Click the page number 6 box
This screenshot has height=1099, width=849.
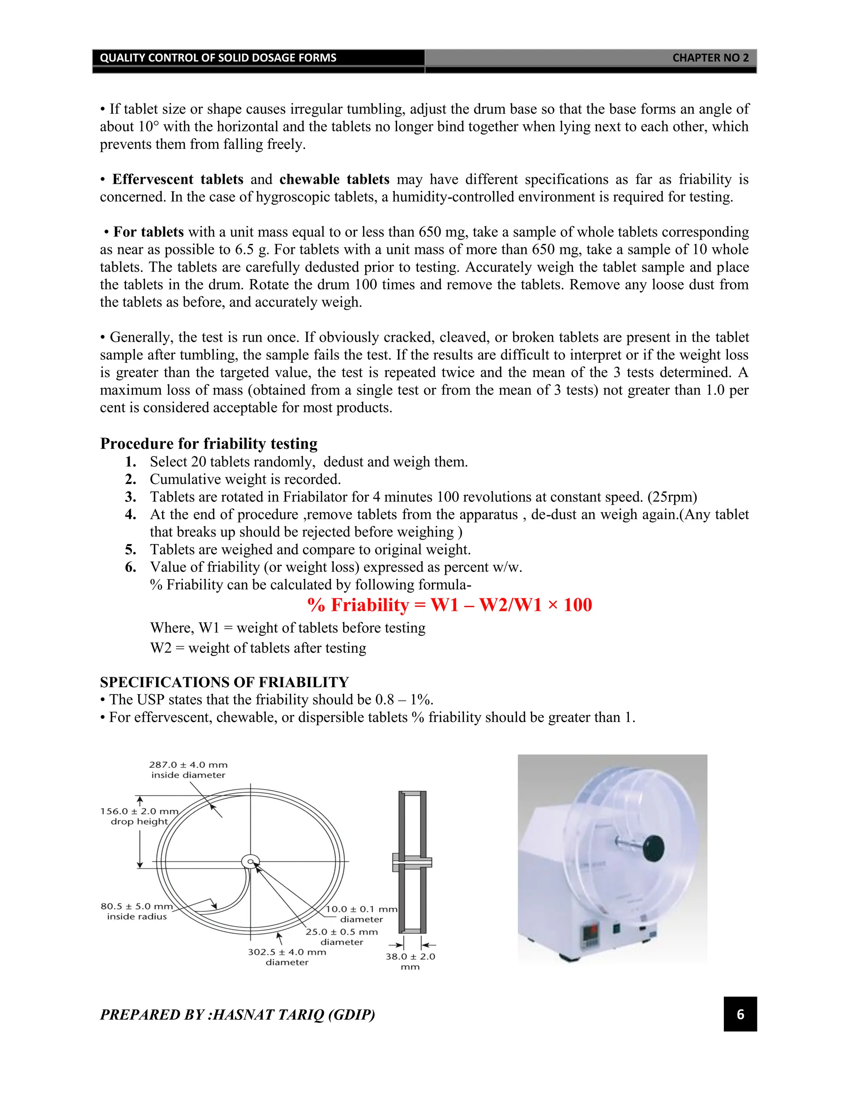click(740, 1014)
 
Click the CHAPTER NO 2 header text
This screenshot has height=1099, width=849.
click(710, 58)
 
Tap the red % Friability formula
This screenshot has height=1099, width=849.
click(449, 605)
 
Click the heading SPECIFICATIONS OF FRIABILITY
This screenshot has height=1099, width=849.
click(224, 682)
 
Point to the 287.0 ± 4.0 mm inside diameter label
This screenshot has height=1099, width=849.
click(188, 770)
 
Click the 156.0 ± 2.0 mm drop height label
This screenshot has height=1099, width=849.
click(139, 816)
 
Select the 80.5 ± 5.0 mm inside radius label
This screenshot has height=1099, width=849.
click(136, 911)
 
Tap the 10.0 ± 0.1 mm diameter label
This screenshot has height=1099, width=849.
click(361, 914)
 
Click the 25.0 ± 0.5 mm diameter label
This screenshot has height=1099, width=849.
click(342, 936)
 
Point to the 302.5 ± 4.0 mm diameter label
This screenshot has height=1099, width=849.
click(287, 957)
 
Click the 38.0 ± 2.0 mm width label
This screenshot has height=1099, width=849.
click(410, 961)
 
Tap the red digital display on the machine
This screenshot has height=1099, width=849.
click(590, 931)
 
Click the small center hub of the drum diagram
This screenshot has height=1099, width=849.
click(250, 861)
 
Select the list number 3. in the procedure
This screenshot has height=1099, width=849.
click(130, 497)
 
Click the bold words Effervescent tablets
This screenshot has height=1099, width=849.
click(177, 180)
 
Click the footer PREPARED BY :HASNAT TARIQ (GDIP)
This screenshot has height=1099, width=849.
click(238, 1014)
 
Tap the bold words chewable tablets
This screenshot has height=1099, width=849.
click(334, 180)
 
